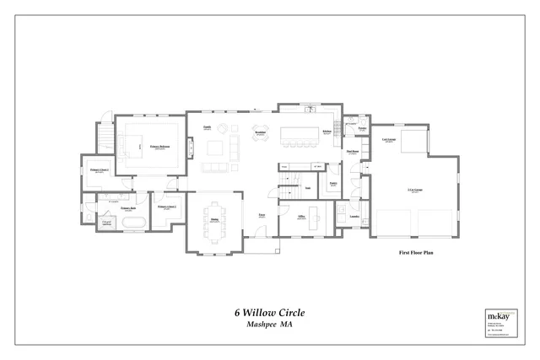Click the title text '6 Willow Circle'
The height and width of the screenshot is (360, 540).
coord(269,312)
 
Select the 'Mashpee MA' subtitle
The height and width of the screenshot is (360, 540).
coord(269,325)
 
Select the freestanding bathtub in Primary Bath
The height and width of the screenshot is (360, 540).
coord(133,223)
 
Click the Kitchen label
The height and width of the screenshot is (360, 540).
coord(326,132)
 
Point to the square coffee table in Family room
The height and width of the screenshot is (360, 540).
coord(214,148)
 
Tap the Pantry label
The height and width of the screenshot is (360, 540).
coord(332,183)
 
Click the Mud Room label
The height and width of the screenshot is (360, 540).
coord(353,152)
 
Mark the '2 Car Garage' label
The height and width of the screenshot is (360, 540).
coord(414,191)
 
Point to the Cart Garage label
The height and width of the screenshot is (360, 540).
coord(389,140)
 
